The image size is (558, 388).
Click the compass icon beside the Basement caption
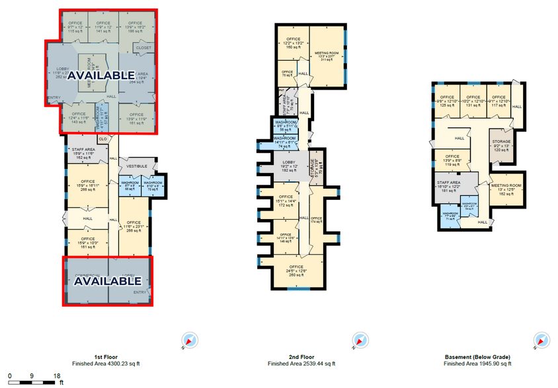[540, 340]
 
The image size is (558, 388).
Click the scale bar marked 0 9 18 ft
[33, 377]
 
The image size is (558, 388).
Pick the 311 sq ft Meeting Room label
[326, 55]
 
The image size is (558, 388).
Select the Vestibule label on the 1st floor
[137, 166]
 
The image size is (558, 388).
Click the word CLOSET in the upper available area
[143, 48]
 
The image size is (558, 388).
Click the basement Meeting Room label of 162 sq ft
[506, 189]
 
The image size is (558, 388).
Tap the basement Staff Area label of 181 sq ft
[452, 187]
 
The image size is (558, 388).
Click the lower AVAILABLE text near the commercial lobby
[108, 281]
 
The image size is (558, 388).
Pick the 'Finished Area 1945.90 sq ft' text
[477, 364]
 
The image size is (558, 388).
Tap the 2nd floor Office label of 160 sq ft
[292, 44]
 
